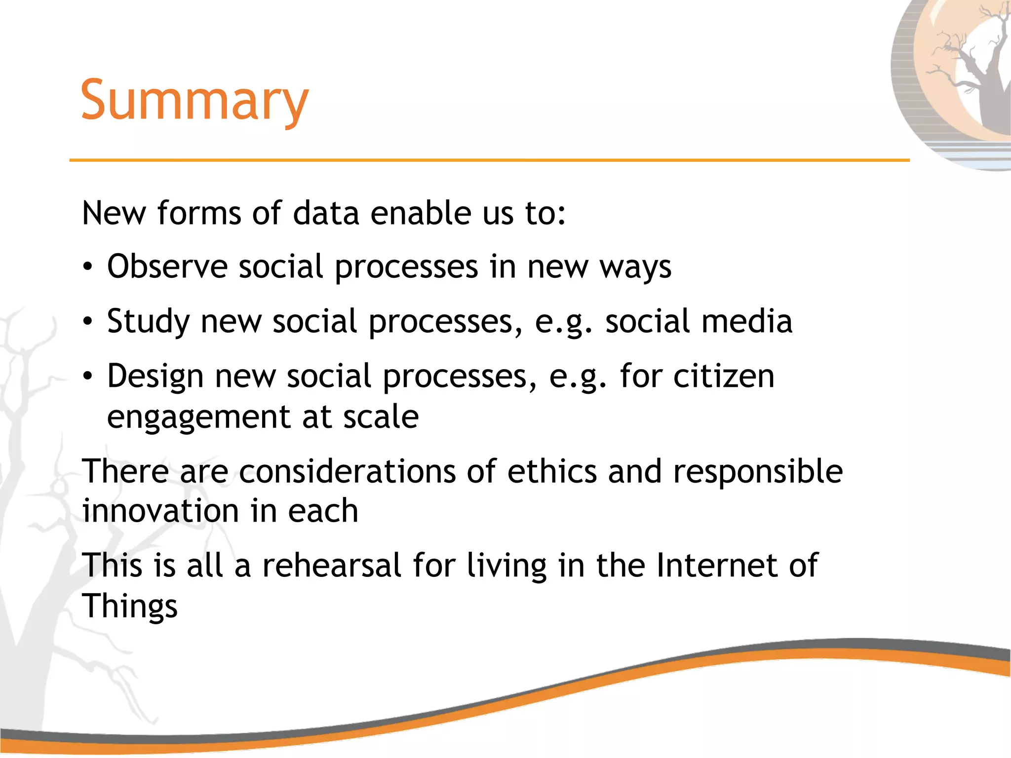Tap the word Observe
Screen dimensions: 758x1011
coord(167,267)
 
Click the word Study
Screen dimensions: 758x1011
coord(148,322)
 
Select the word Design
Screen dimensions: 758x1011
coord(155,377)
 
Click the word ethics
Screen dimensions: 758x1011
coord(552,472)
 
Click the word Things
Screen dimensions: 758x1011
coord(130,606)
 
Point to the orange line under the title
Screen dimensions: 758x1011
coord(489,160)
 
